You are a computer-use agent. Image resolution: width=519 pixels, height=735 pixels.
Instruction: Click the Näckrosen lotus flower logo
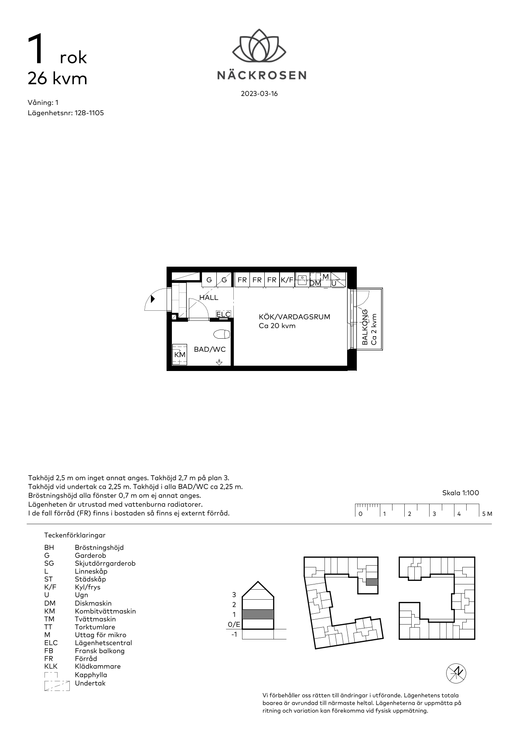259,45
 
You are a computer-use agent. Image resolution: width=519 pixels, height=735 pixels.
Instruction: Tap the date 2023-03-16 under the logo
259,94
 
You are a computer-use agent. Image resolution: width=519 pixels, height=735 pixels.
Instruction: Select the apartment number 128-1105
89,113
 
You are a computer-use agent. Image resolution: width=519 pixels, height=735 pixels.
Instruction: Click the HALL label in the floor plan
209,298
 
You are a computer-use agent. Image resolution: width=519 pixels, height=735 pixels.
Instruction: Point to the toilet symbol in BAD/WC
222,334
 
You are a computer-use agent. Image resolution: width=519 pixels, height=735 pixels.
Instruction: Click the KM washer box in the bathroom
180,354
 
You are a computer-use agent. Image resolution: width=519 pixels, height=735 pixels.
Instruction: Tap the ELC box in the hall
224,314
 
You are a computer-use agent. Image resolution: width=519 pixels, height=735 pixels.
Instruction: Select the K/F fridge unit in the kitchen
287,280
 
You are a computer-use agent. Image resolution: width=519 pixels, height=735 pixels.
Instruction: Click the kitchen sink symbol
302,280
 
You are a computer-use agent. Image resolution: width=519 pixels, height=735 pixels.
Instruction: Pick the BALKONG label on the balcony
365,327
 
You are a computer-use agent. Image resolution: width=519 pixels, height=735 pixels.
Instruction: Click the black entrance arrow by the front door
153,299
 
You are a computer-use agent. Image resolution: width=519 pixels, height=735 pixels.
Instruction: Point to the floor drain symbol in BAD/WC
219,362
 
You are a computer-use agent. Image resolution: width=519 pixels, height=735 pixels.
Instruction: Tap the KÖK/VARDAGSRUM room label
294,317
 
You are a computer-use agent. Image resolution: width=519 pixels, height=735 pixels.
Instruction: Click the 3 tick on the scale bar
429,510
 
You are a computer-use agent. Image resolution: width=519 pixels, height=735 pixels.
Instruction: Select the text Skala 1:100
461,493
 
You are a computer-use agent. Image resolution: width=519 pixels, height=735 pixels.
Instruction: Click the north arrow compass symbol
456,673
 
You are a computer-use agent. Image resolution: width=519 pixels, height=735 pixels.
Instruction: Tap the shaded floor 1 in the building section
258,614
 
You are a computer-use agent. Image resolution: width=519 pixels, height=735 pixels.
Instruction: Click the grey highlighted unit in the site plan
372,582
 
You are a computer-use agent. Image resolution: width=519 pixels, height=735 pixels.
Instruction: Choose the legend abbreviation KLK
51,666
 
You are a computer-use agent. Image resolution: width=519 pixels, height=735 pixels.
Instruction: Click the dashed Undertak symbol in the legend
57,686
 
